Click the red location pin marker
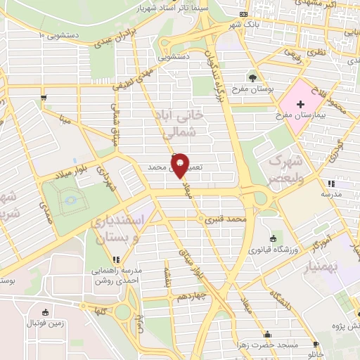coord(180,165)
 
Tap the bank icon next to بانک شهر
coord(243,14)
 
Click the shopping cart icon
coord(44,98)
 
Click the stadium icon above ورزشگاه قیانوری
coord(273,239)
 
